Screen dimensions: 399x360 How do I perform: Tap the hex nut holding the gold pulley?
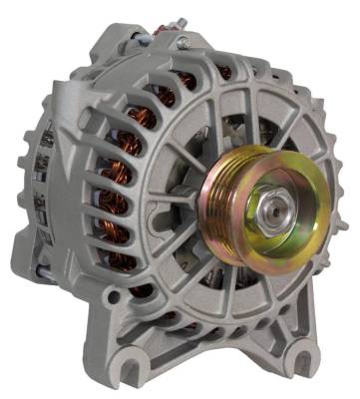pyautogui.click(x=271, y=210)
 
